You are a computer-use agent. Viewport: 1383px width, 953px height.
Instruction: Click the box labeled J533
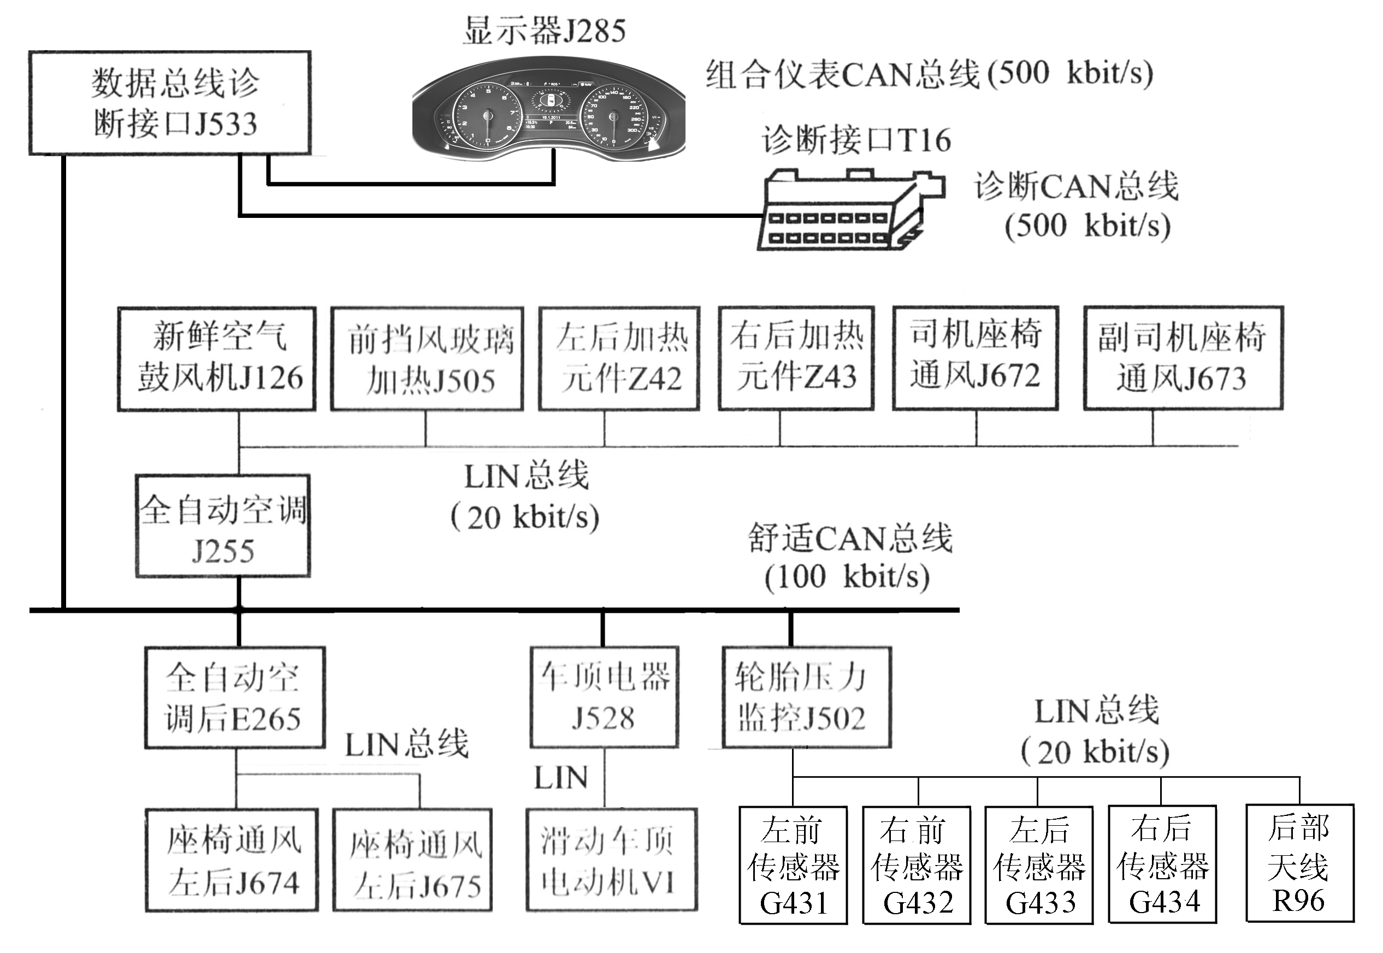(x=170, y=103)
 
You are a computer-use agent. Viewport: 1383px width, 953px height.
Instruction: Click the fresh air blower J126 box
(x=217, y=359)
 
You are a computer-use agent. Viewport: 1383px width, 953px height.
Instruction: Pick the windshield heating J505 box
(x=428, y=359)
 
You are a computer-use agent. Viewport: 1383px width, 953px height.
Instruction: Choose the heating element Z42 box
(x=619, y=359)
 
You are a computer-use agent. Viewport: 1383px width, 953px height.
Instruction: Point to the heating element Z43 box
(x=796, y=358)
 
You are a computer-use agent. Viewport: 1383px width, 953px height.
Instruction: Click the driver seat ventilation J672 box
(x=975, y=358)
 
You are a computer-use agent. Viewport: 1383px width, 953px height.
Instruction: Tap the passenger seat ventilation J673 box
(x=1183, y=358)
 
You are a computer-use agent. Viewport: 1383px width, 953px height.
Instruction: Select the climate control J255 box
(x=223, y=526)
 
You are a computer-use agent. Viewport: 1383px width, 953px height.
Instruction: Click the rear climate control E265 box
(x=235, y=697)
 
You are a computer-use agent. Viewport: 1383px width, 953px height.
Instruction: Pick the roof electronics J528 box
(x=604, y=697)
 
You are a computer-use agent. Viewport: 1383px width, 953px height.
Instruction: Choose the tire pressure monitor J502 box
(x=806, y=697)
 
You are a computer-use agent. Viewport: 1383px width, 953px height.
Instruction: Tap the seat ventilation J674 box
(x=232, y=860)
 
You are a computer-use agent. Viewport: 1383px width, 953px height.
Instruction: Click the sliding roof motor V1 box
(x=612, y=860)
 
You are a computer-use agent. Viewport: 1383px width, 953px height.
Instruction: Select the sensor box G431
(x=793, y=865)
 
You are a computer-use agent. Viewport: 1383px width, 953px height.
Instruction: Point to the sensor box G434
(x=1162, y=864)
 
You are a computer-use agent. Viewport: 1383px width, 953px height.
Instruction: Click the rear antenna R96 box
(x=1299, y=863)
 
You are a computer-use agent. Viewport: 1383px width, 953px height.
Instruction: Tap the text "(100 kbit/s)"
(x=847, y=577)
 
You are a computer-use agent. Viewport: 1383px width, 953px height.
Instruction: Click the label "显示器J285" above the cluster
(x=545, y=31)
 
